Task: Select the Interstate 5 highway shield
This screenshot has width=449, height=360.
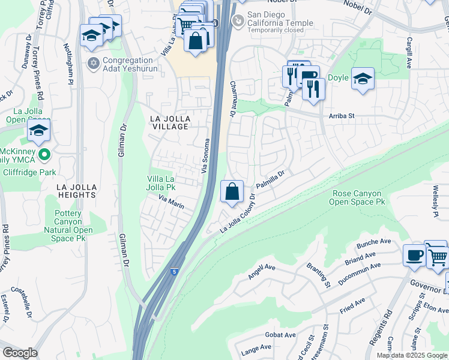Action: click(x=173, y=272)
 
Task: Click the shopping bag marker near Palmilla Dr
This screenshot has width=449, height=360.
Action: click(x=232, y=192)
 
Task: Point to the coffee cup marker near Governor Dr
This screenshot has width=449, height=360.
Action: click(x=414, y=255)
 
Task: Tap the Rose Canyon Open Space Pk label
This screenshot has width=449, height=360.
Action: click(x=358, y=197)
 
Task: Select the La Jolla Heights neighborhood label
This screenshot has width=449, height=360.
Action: click(x=76, y=191)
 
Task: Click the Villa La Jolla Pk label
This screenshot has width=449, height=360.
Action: click(x=162, y=183)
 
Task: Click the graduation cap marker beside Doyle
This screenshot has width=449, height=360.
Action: click(x=363, y=79)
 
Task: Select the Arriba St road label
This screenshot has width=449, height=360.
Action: click(x=342, y=116)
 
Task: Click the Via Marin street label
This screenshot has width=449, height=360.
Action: click(x=171, y=201)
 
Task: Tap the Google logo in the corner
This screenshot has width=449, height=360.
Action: click(x=20, y=353)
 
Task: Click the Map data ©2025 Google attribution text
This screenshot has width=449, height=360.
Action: click(x=412, y=355)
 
